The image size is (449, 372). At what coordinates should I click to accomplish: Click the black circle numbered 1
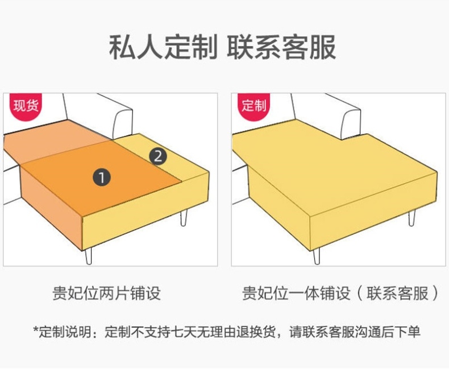point(102,177)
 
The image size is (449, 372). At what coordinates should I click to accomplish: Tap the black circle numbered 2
point(158,156)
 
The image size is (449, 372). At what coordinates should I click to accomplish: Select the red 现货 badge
point(26,106)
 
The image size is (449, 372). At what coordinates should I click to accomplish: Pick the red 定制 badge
point(253,106)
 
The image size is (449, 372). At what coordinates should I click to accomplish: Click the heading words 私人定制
point(163,47)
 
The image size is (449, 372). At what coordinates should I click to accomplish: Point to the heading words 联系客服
point(281,47)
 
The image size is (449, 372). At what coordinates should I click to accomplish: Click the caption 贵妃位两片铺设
point(106,293)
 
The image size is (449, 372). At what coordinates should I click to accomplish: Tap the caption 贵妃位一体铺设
point(296,293)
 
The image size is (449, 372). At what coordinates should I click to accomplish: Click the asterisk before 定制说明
point(35,329)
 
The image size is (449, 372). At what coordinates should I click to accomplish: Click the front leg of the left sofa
point(89,256)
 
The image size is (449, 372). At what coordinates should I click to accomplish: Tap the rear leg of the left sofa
point(184,217)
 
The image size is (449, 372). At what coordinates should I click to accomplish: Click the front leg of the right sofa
point(317,256)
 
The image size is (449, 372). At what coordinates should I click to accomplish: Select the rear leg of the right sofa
point(411,218)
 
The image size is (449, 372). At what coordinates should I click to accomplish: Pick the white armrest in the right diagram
point(351,123)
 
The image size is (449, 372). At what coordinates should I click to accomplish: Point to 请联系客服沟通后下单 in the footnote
point(355,332)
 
